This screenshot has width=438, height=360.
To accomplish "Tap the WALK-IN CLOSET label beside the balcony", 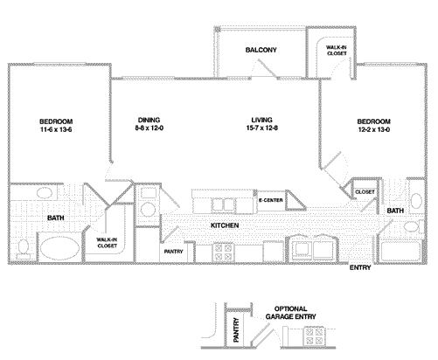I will pyautogui.click(x=336, y=51).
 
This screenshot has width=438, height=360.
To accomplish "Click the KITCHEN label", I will pyautogui.click(x=225, y=225).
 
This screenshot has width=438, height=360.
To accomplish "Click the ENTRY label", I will pyautogui.click(x=359, y=267).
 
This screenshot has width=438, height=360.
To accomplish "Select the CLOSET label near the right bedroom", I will pyautogui.click(x=365, y=190).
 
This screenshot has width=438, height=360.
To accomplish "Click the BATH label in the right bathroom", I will pyautogui.click(x=394, y=211).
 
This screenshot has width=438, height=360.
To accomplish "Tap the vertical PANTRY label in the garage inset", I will pyautogui.click(x=235, y=332).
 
